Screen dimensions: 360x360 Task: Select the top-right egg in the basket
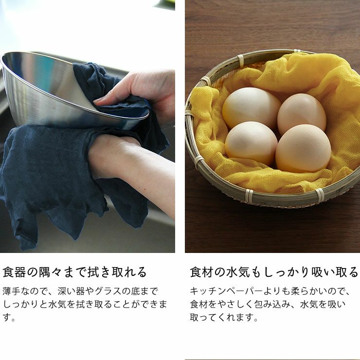point(302,113)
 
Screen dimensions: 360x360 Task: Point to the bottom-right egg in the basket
point(303,148)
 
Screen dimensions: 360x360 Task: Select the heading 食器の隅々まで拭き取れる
point(74,271)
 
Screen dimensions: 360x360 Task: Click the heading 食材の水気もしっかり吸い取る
point(274,271)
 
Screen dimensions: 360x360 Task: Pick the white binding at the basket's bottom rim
point(249,196)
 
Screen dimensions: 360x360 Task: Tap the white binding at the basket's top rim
point(240,60)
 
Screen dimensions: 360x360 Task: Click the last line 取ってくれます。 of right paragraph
point(223,317)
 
